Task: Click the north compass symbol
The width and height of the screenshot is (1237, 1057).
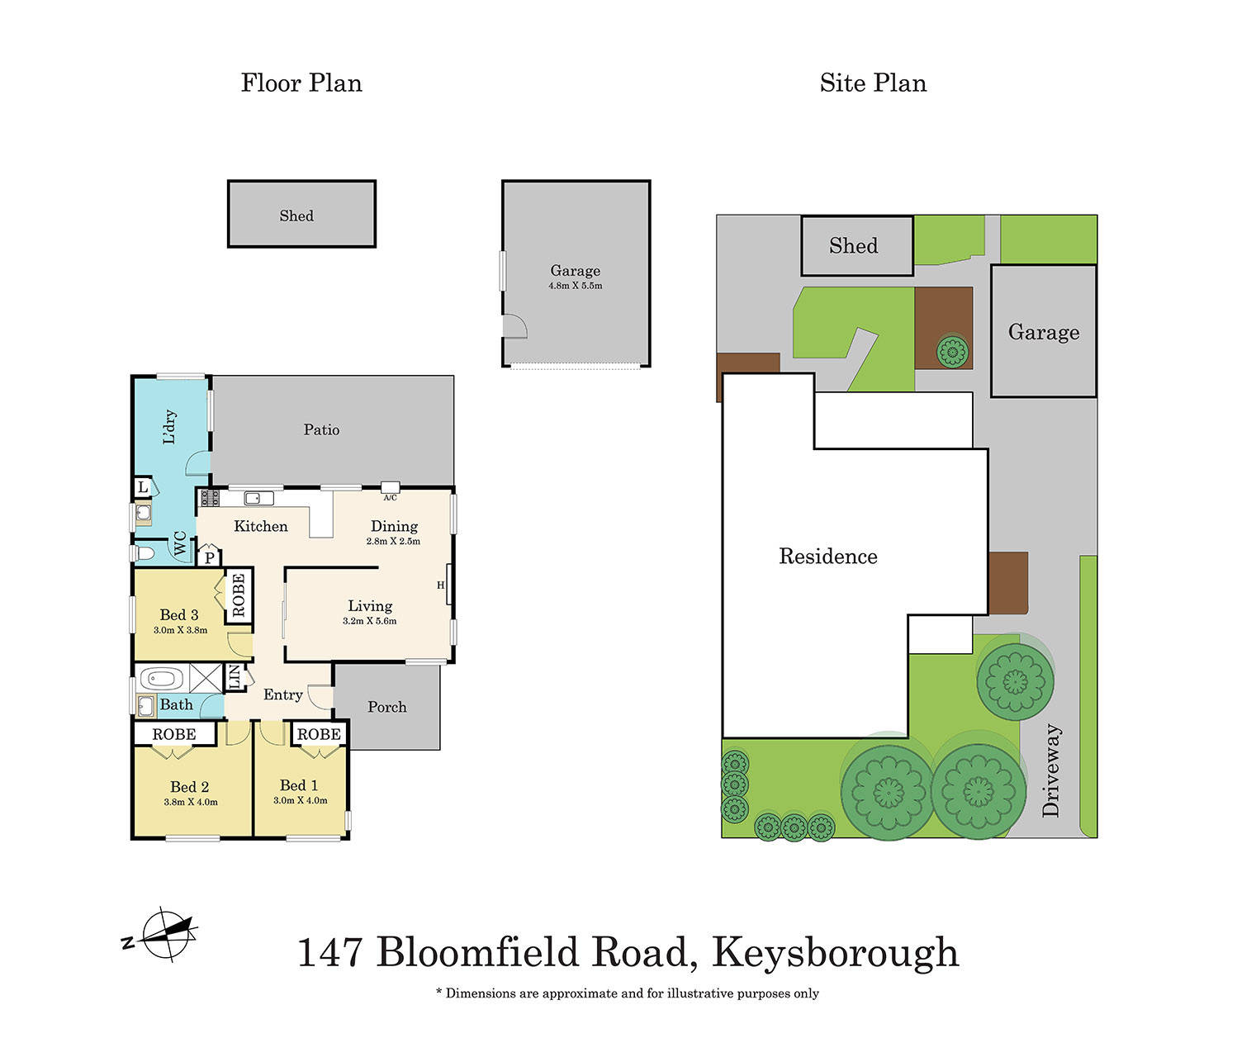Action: pos(168,935)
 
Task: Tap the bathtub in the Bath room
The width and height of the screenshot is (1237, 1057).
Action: pos(161,680)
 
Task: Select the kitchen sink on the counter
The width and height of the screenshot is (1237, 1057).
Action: pos(258,498)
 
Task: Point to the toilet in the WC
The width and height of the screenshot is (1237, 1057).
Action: pos(144,552)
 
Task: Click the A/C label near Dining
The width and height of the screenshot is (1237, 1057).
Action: pos(390,497)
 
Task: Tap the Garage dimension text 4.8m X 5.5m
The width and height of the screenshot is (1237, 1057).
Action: pos(575,286)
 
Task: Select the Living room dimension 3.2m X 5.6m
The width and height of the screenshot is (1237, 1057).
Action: pos(369,621)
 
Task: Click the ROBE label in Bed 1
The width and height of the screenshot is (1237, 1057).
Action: pos(319,734)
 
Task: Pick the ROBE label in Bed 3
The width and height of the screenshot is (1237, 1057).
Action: pos(239,595)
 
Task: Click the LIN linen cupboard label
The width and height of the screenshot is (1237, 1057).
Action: pos(234,677)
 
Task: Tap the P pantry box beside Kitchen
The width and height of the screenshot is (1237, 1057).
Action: pos(210,557)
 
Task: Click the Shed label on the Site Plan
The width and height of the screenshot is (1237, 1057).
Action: pos(853,245)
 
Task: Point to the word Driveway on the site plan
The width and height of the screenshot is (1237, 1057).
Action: pos(1050,770)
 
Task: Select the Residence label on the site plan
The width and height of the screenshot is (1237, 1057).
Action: pos(827,556)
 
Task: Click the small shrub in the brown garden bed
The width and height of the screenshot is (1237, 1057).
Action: pos(952,353)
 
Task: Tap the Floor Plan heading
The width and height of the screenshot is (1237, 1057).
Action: pos(301,83)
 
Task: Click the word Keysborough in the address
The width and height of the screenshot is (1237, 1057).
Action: pos(835,952)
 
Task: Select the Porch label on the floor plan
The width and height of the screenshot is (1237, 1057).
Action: pos(386,707)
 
